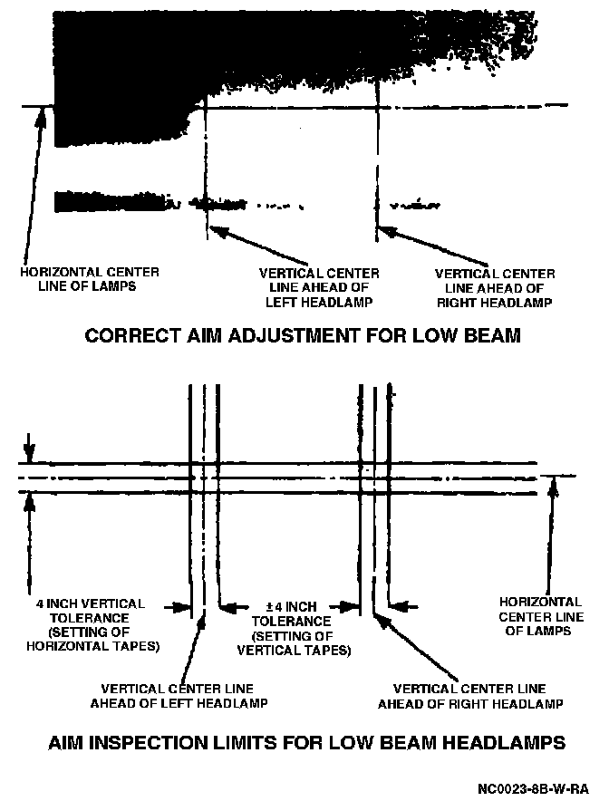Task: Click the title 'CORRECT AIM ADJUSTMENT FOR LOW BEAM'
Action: click(303, 336)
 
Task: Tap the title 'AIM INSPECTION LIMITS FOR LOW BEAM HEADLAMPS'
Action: click(306, 743)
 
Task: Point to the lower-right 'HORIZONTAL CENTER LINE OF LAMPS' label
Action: click(541, 616)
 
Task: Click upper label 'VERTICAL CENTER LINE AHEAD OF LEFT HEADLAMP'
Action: click(319, 287)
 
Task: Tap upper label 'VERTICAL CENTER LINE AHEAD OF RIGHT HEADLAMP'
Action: click(495, 287)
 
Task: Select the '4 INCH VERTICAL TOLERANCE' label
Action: click(91, 610)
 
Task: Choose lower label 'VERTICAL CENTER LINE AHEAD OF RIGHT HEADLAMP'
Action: click(470, 696)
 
